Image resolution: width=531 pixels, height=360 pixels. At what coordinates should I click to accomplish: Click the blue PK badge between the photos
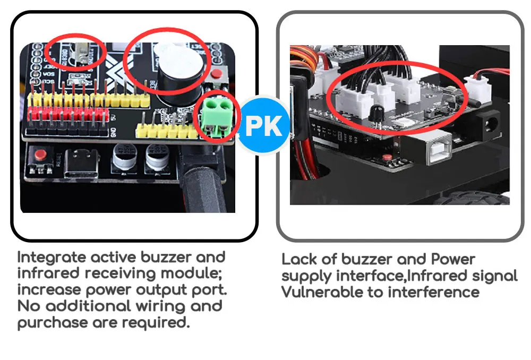tap(264, 126)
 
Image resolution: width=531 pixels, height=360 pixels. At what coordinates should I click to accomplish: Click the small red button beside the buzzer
tap(216, 75)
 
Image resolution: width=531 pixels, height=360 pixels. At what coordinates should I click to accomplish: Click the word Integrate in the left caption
tap(52, 258)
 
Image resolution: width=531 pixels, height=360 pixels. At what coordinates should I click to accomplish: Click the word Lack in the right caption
tap(301, 260)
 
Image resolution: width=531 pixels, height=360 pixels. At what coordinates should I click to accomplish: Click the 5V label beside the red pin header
tap(115, 116)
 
